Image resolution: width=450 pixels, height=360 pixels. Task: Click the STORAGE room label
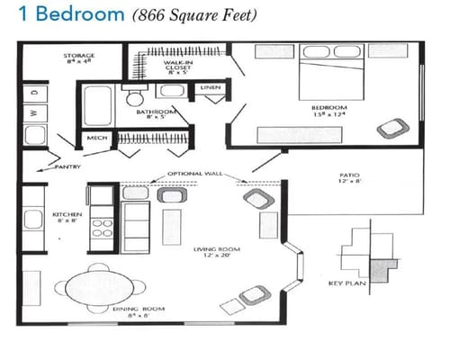click(x=79, y=57)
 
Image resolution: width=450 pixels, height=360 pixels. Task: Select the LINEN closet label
click(x=211, y=87)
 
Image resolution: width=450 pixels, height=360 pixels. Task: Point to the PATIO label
click(x=350, y=176)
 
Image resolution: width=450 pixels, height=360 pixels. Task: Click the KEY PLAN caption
click(x=348, y=284)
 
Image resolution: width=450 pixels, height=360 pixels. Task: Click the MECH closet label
click(x=96, y=138)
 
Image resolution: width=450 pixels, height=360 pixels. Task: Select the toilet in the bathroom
click(x=135, y=97)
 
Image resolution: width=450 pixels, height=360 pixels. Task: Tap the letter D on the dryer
click(x=34, y=92)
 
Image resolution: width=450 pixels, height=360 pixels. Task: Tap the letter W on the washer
click(x=34, y=112)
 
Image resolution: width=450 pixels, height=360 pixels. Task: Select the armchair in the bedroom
click(x=390, y=129)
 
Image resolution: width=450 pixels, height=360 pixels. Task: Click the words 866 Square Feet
click(x=195, y=15)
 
